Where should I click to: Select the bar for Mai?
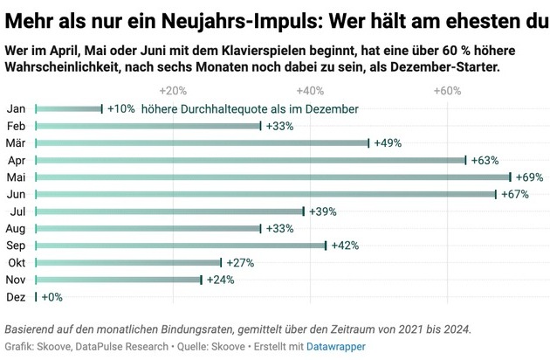(x=272, y=177)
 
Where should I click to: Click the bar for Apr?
(x=251, y=160)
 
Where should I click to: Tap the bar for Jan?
(x=69, y=108)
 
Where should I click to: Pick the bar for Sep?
(x=180, y=246)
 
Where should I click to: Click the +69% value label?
(x=528, y=177)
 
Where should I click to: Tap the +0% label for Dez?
(x=51, y=297)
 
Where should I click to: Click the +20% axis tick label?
(x=173, y=90)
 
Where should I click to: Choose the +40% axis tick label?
(x=310, y=90)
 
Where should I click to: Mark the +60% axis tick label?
(x=447, y=90)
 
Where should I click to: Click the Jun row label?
(x=15, y=194)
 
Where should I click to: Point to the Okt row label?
(x=15, y=262)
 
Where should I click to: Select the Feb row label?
(x=15, y=126)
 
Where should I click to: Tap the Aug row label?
(x=16, y=228)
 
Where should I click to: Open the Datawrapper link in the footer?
(x=334, y=347)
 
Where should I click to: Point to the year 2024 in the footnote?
(x=454, y=329)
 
